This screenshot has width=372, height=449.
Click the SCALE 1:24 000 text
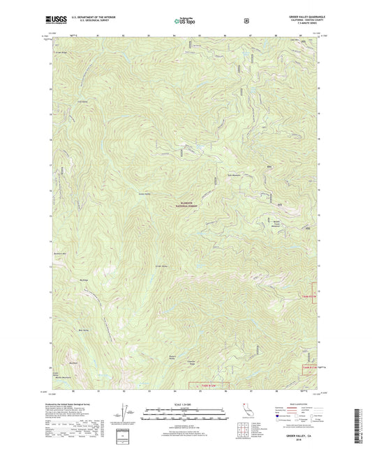[186, 406]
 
